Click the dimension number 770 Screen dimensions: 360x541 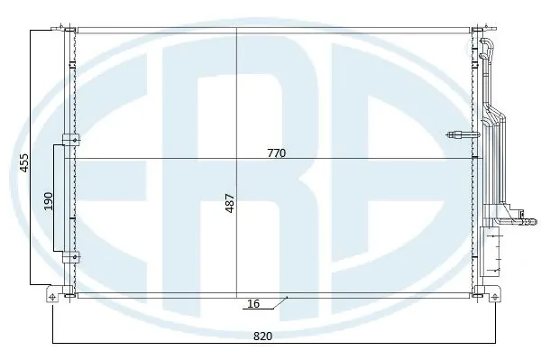pos(276,153)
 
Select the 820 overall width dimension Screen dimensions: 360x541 pos(262,335)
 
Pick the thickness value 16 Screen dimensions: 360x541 pos(253,305)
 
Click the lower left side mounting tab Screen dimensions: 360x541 pos(69,256)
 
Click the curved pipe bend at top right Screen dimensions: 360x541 pos(490,42)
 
